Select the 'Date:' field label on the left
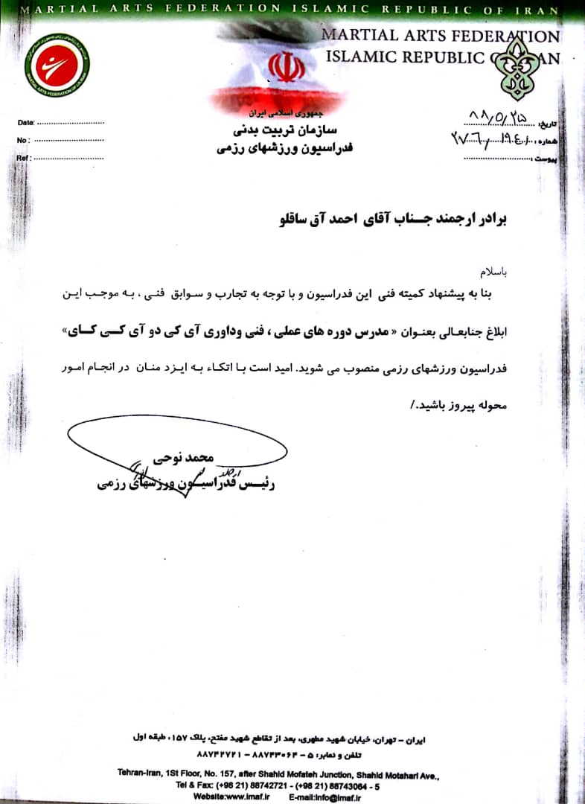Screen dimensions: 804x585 (x=26, y=121)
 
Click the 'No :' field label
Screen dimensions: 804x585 (x=24, y=140)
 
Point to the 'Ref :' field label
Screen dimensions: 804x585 (x=25, y=158)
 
